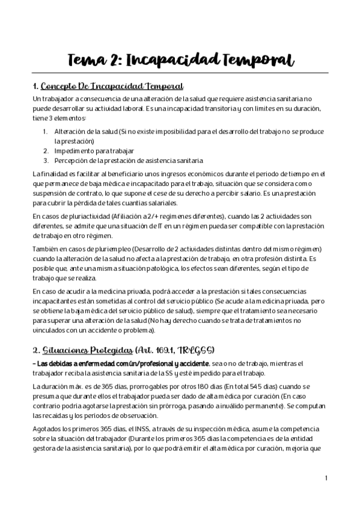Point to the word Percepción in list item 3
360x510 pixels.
[71, 161]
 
